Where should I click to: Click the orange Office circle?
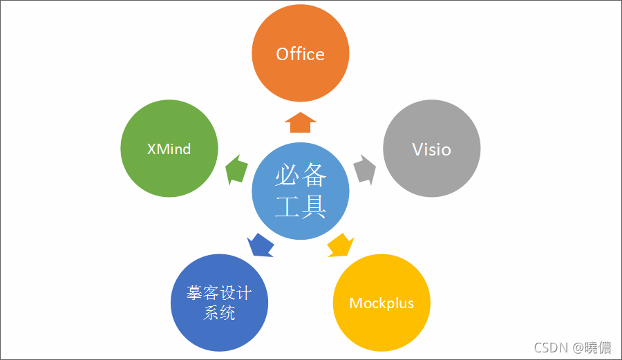[x=300, y=76]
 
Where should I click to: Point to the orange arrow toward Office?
[x=300, y=122]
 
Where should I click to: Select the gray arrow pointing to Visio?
[x=365, y=169]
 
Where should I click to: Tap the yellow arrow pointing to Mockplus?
[x=340, y=245]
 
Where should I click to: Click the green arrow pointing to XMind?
[x=237, y=169]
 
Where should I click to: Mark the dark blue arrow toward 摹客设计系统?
[x=260, y=244]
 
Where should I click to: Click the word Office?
[x=300, y=54]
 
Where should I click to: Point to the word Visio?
[x=431, y=149]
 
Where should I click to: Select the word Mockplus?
[x=381, y=303]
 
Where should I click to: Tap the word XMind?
[x=169, y=149]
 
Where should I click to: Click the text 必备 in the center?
[x=300, y=177]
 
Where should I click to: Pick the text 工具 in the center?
[x=300, y=207]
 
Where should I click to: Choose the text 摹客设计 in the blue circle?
[x=219, y=293]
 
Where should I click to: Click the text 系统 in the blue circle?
[x=219, y=312]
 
